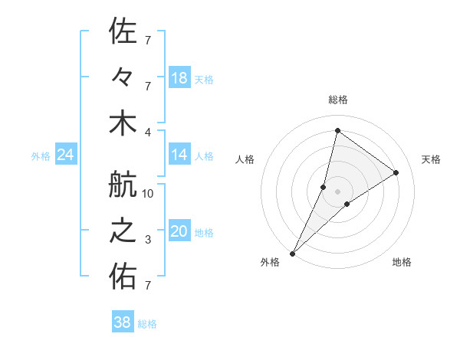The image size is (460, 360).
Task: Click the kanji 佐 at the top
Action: [123, 31]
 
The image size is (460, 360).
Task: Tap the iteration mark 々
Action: [123, 77]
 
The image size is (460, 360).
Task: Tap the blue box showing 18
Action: [179, 77]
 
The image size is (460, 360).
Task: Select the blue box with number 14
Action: [179, 155]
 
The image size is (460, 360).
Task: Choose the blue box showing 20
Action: [179, 232]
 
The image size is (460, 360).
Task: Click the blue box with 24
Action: [65, 155]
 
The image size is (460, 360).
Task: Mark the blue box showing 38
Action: [123, 322]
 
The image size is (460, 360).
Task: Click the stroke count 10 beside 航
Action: [149, 194]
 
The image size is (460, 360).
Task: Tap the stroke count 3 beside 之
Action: [148, 240]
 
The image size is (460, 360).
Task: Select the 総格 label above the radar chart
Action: [338, 100]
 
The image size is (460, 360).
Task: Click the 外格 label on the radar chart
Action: [270, 262]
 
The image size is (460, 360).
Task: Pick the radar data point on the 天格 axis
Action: [396, 173]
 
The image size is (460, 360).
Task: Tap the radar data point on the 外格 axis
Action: [293, 253]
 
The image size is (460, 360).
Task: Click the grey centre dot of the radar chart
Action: [338, 191]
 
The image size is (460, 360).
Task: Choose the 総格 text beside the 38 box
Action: [147, 324]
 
